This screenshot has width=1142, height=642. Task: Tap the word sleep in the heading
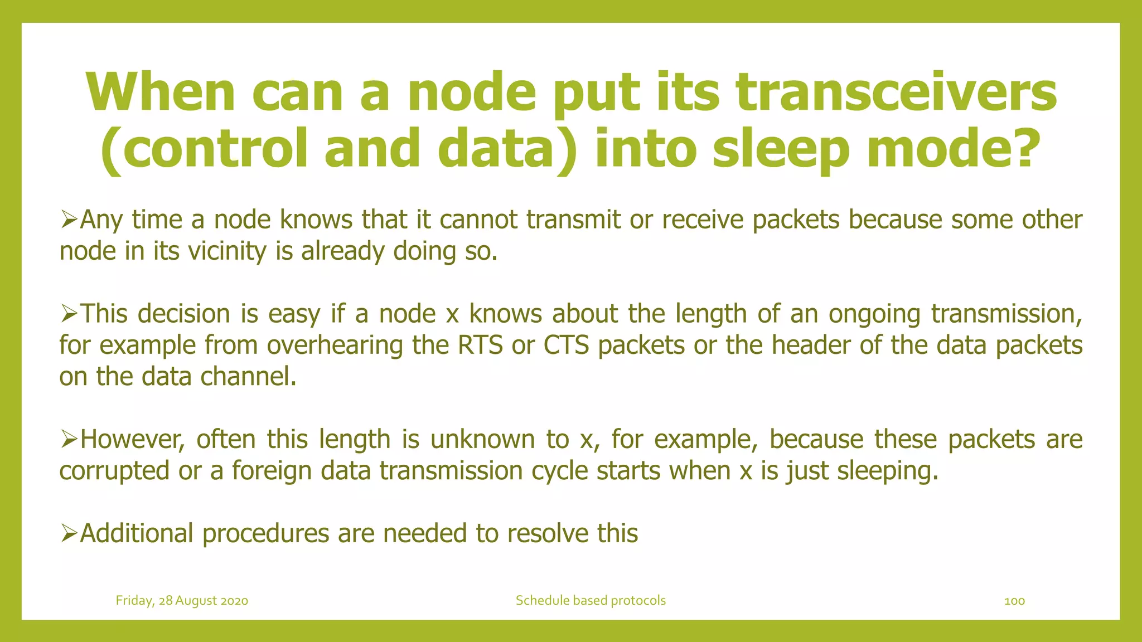click(x=781, y=149)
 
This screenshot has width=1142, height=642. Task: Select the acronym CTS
click(x=566, y=346)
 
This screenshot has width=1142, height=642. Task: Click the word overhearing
click(x=335, y=346)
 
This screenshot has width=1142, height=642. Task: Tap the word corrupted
click(x=114, y=471)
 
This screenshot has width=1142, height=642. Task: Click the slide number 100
click(x=1014, y=601)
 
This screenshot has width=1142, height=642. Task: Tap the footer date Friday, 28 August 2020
click(x=182, y=601)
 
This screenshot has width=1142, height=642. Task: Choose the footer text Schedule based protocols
click(x=591, y=601)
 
